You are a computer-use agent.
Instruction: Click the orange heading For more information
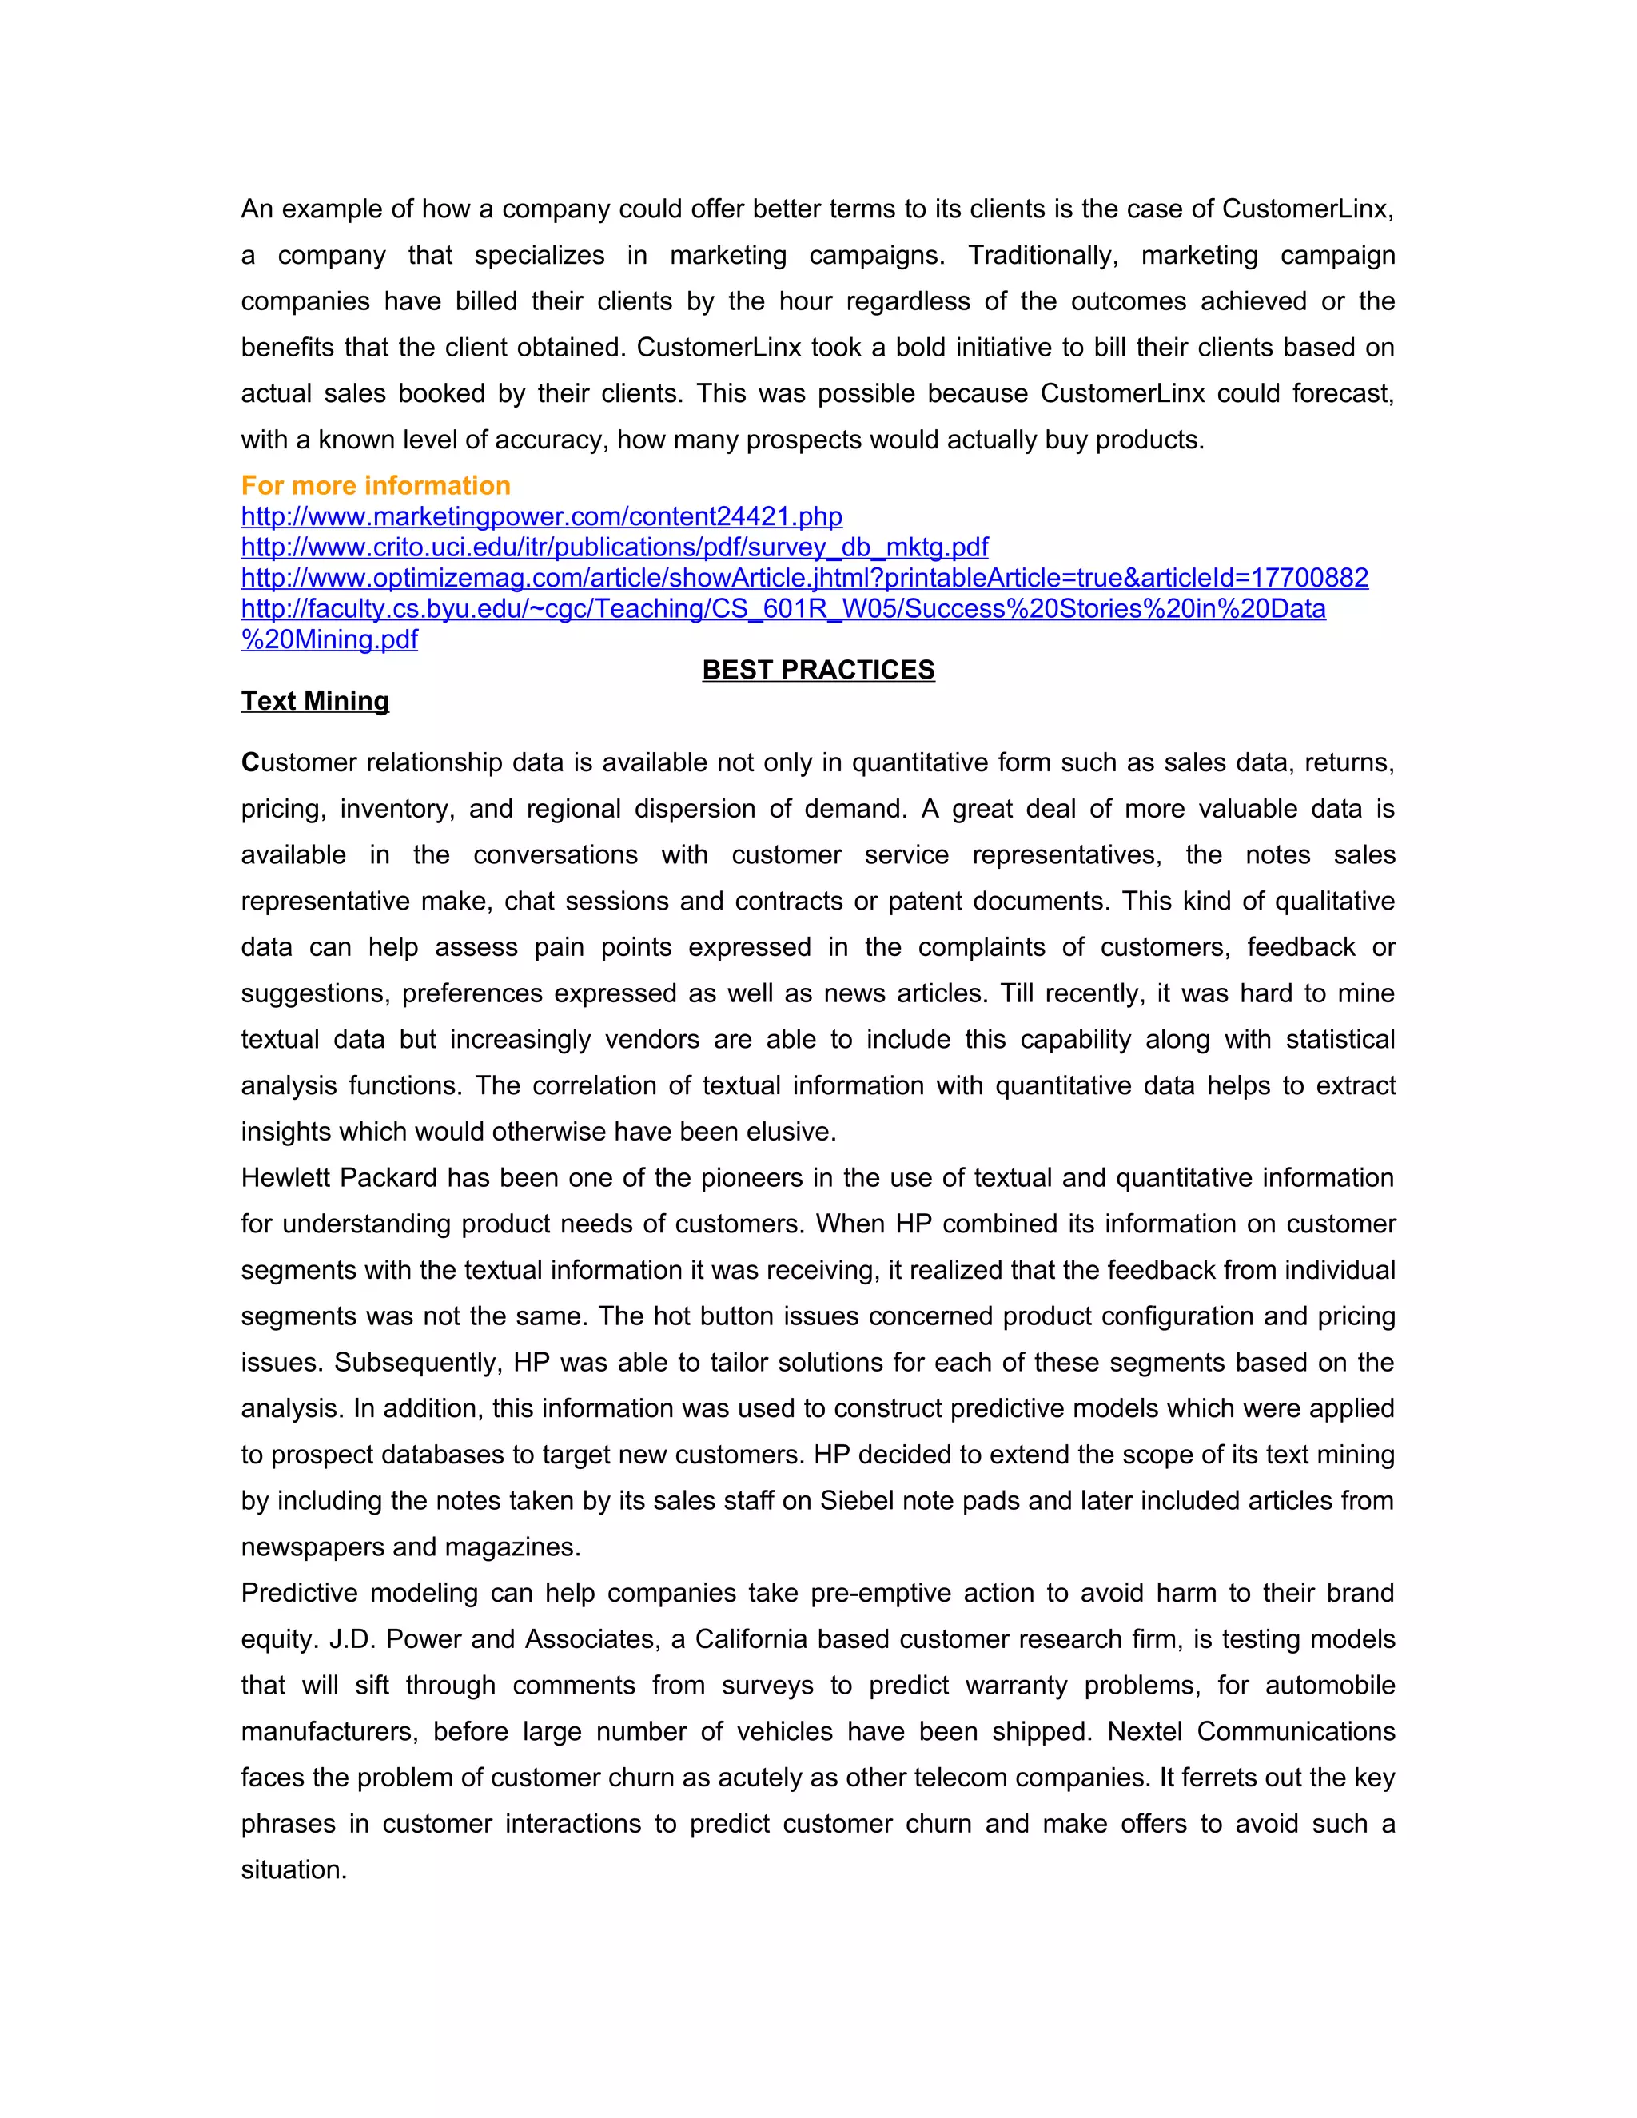(376, 486)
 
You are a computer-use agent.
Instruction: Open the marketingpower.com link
(541, 517)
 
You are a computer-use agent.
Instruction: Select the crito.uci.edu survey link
(614, 548)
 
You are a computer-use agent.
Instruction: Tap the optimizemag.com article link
(804, 579)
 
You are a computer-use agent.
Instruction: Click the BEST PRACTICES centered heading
(818, 670)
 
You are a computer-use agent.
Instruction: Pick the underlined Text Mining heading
(315, 701)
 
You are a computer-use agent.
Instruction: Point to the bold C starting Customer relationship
(250, 763)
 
